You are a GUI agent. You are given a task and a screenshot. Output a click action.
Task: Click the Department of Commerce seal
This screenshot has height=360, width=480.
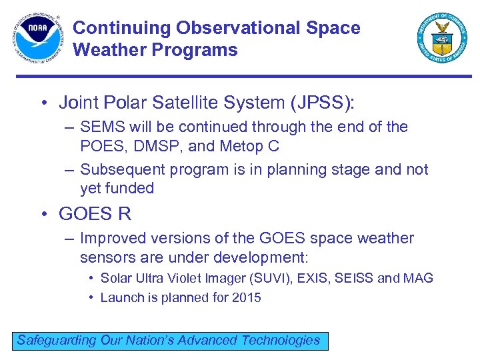(x=442, y=38)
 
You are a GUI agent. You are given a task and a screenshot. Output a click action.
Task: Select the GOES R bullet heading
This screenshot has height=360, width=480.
(x=95, y=214)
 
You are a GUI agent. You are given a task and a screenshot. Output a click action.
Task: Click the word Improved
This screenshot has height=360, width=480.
(x=109, y=238)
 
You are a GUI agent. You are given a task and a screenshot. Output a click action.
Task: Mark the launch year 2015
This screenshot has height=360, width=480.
(x=246, y=297)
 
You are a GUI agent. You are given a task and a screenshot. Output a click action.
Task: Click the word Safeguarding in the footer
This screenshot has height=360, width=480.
(x=57, y=340)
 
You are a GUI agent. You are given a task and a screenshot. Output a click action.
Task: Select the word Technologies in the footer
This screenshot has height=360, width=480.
(x=280, y=340)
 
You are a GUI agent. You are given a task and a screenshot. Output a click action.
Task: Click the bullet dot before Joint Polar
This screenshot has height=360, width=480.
(x=43, y=103)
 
